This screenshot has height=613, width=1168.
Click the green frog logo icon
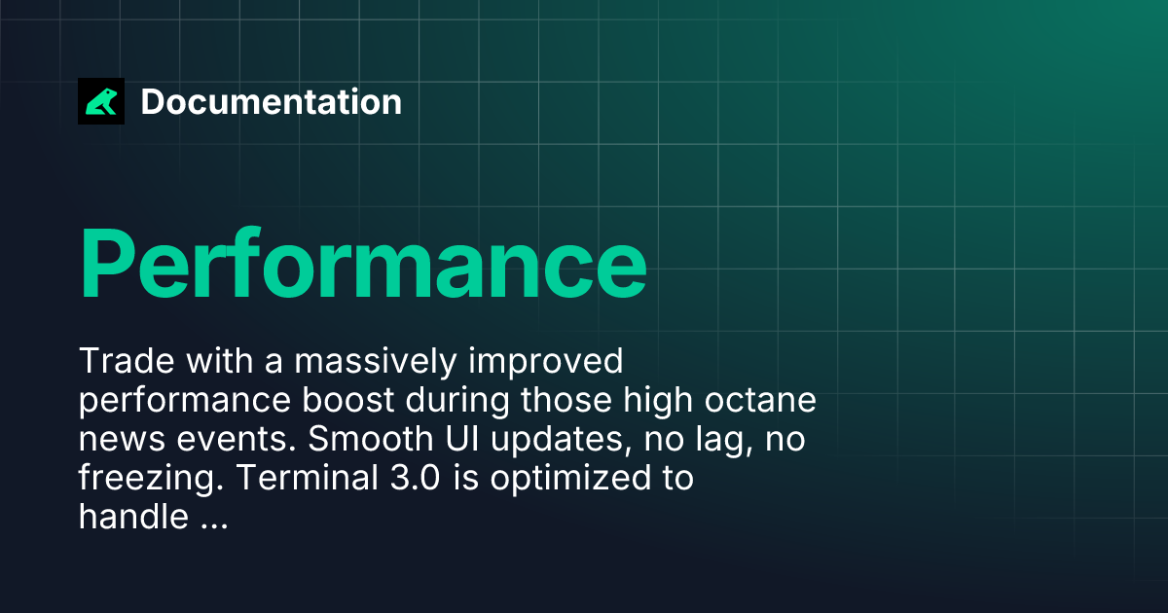101,101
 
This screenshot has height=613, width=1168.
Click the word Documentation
272,101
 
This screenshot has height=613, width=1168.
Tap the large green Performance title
363,264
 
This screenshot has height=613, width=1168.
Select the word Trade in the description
127,361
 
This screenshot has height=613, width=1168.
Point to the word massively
376,362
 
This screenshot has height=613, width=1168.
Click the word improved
545,362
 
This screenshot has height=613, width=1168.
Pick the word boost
347,400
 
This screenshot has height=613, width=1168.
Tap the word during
457,401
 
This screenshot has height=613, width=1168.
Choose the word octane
760,400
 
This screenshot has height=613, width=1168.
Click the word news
122,440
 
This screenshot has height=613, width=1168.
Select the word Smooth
370,439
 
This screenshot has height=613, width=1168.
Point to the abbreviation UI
462,439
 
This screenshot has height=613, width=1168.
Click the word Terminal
308,478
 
